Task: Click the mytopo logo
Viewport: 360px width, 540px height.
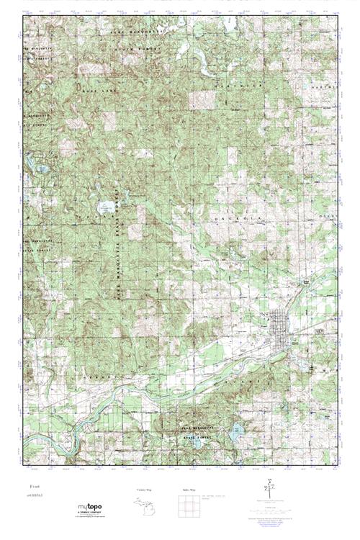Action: click(89, 508)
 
